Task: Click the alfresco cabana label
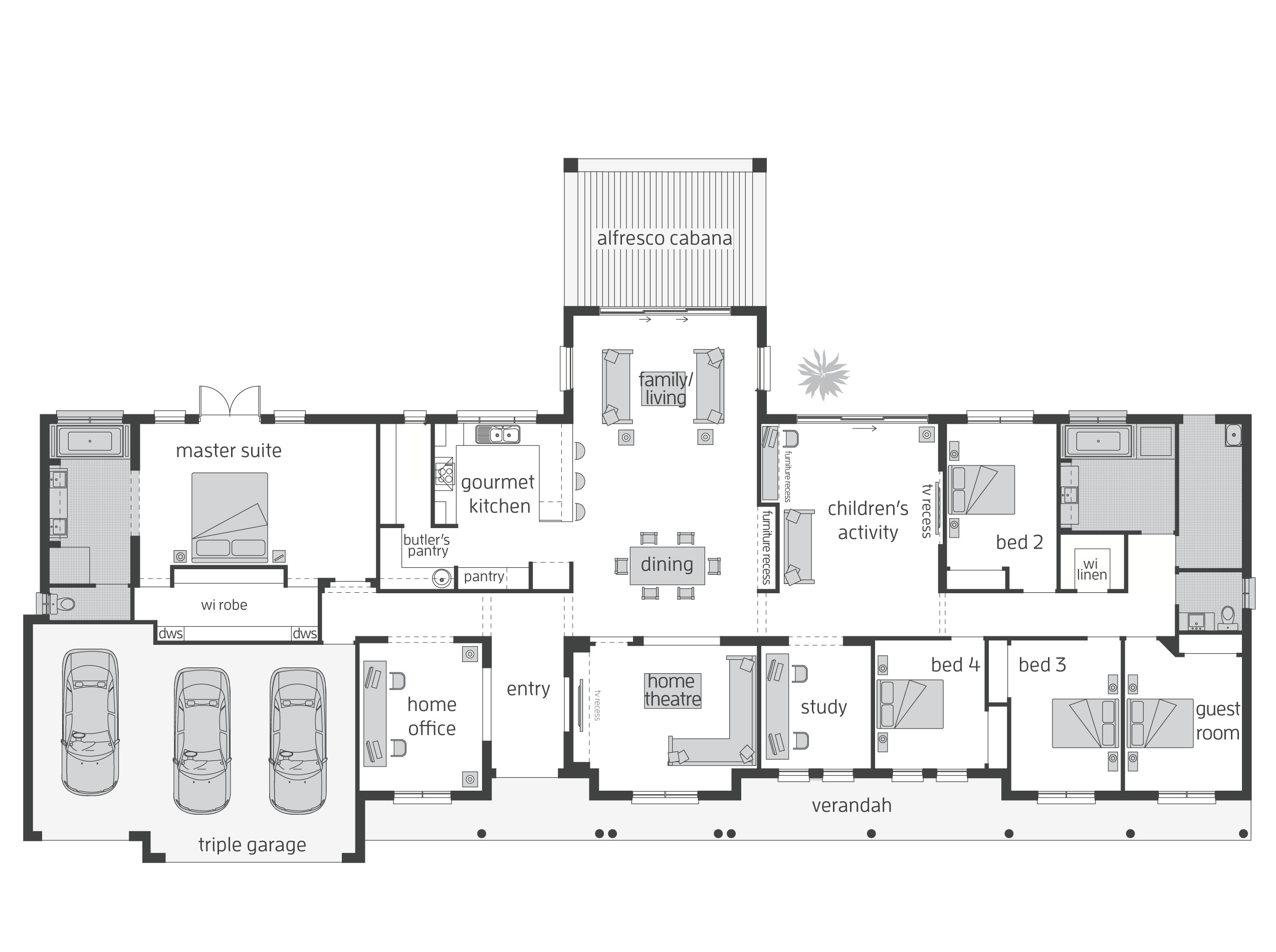coord(664,238)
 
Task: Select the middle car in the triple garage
coord(201,740)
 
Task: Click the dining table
coord(667,565)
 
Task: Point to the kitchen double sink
coord(497,434)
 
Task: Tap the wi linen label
coord(1091,569)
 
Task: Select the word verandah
coord(851,805)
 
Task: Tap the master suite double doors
coord(230,401)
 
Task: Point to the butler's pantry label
coord(427,545)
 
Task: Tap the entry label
coord(528,688)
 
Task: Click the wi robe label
coord(224,605)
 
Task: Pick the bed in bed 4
coord(910,704)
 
